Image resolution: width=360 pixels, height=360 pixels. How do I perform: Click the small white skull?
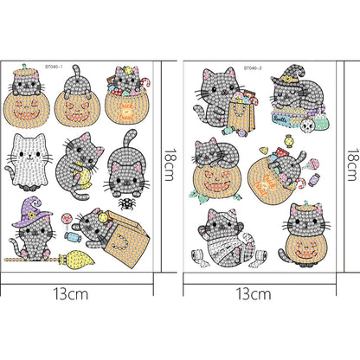[x=305, y=125]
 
